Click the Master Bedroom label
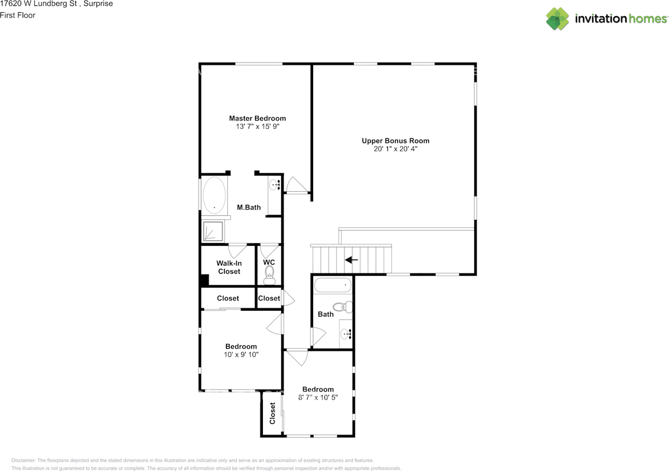257,119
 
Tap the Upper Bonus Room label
395,140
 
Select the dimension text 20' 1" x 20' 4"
395,149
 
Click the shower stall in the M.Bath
213,231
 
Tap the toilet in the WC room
270,274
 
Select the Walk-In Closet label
229,267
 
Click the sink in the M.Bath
275,184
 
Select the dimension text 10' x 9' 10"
241,355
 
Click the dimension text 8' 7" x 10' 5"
318,397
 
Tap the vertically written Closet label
272,413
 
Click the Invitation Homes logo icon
558,19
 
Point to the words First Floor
18,15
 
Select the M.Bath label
249,207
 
